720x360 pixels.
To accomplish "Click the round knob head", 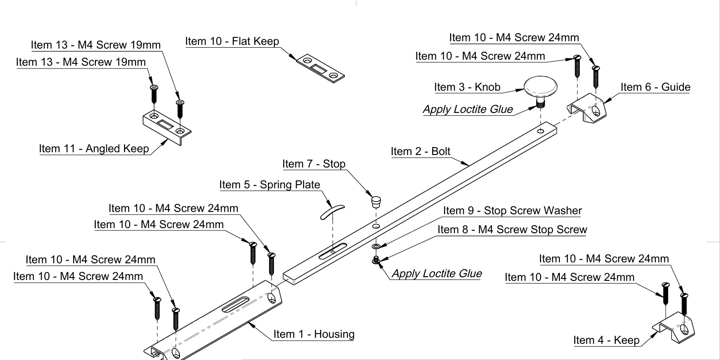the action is [x=540, y=87].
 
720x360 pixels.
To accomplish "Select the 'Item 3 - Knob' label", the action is [x=467, y=87].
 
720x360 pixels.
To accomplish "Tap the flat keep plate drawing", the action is [x=320, y=68].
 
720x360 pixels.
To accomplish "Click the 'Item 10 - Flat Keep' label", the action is [x=232, y=42].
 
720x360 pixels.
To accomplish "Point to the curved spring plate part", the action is [x=332, y=212].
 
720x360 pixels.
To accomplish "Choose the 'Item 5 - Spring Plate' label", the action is [x=269, y=185].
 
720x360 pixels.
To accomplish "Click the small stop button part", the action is [x=376, y=202].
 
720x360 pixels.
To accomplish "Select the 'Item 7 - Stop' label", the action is [x=314, y=164].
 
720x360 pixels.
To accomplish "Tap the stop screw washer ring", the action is [x=376, y=247].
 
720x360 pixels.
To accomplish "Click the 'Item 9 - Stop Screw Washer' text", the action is [x=512, y=211].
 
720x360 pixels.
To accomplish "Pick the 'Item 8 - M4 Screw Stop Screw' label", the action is [x=512, y=230].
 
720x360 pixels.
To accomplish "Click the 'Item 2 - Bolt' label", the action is [x=420, y=151].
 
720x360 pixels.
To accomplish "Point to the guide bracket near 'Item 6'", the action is [x=587, y=108].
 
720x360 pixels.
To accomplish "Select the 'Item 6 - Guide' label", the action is [x=655, y=87].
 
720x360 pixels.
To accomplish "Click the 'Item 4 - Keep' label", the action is [x=606, y=340].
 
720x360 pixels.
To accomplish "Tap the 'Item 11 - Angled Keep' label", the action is [x=94, y=149].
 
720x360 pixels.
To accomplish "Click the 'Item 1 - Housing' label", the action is [x=314, y=334].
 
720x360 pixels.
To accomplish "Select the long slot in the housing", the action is [x=236, y=305].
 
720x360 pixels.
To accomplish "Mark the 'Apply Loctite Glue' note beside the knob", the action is [x=468, y=109].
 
